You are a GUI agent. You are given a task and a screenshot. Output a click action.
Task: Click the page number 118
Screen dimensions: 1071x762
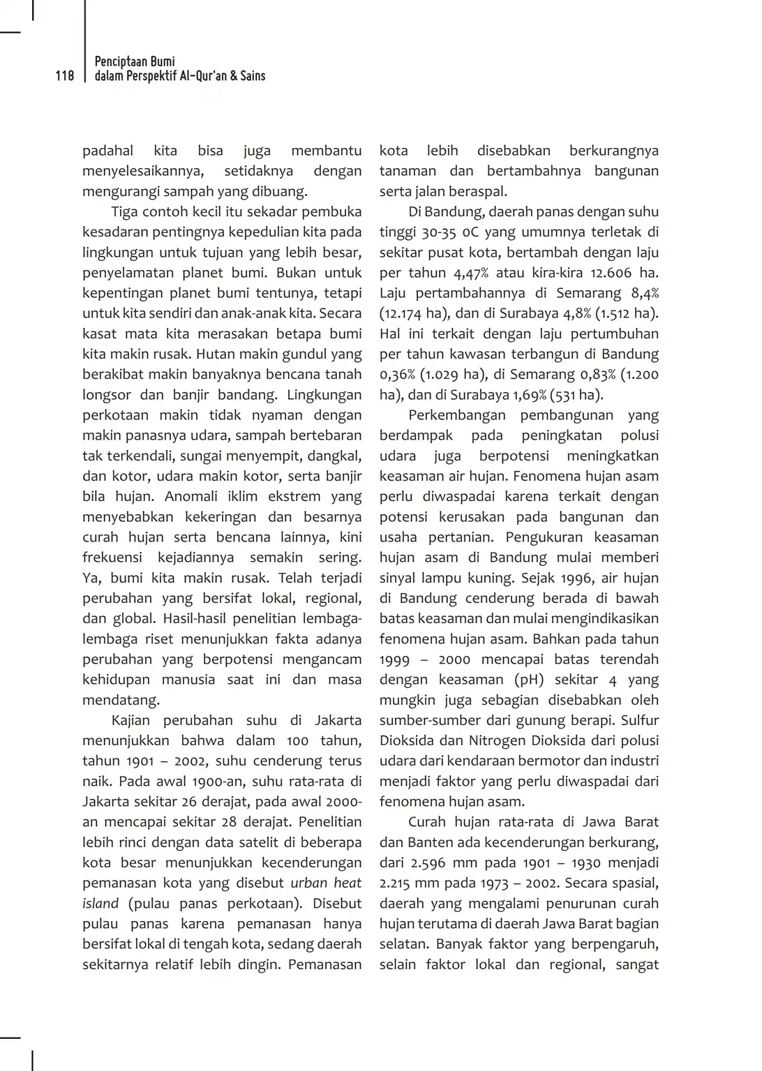(64, 76)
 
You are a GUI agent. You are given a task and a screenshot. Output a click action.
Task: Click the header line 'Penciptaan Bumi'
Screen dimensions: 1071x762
(135, 61)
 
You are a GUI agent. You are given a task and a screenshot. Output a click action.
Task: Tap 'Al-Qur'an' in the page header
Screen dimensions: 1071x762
(202, 76)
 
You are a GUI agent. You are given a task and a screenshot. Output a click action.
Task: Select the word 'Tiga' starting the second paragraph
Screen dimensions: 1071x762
(124, 211)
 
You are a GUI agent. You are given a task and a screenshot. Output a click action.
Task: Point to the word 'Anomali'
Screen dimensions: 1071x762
(190, 496)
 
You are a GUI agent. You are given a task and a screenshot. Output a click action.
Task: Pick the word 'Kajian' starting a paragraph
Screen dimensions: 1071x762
(130, 720)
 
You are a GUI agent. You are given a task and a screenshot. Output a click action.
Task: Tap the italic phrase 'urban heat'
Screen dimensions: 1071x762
(326, 883)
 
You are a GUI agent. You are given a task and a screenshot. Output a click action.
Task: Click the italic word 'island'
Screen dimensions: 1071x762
(100, 903)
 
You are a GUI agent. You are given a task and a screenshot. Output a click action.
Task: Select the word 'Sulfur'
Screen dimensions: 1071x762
(639, 720)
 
